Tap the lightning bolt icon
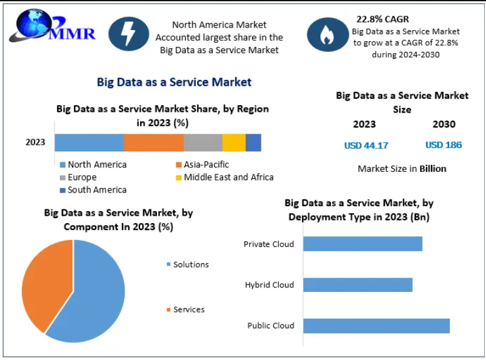click(129, 34)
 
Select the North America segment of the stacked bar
click(89, 142)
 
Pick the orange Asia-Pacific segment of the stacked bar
click(153, 142)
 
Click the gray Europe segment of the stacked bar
click(203, 142)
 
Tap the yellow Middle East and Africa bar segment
click(234, 142)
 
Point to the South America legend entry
click(96, 190)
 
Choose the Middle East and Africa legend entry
click(228, 177)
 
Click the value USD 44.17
click(366, 146)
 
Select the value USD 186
click(443, 145)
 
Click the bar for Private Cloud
click(363, 244)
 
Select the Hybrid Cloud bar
click(358, 285)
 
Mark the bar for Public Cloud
click(377, 326)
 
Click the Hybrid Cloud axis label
click(270, 285)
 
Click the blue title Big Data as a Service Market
click(174, 82)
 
